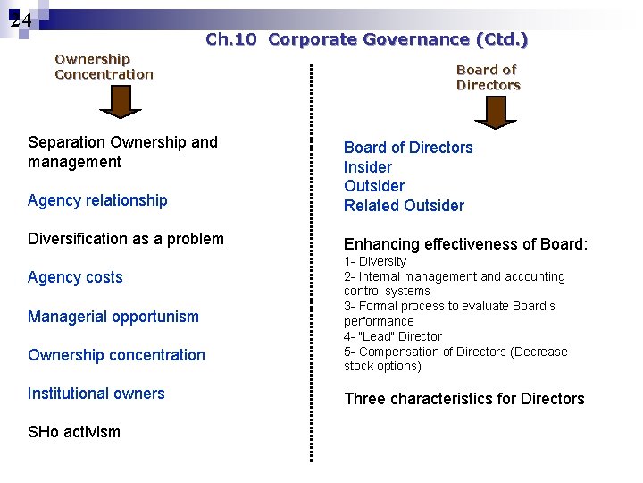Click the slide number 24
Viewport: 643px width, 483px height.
[x=21, y=20]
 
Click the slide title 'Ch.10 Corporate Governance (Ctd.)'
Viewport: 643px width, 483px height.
[x=366, y=39]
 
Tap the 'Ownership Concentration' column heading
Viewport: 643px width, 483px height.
[x=104, y=67]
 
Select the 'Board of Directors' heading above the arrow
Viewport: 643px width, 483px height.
[x=488, y=77]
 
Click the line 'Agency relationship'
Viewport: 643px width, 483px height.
[x=97, y=200]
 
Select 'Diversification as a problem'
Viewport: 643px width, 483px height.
[x=126, y=239]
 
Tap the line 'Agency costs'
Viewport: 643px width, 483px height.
[x=75, y=277]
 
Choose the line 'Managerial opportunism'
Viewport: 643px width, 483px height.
[x=113, y=317]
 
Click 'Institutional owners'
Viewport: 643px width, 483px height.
[x=96, y=394]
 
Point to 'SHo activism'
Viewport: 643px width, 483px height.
[x=74, y=432]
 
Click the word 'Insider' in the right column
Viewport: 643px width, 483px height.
[x=368, y=167]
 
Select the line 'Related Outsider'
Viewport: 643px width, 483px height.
[x=404, y=206]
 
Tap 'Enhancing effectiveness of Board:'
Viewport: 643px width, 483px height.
[x=466, y=244]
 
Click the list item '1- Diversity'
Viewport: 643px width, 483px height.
[x=375, y=261]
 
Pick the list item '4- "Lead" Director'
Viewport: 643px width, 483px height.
[x=393, y=336]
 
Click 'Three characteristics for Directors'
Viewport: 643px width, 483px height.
[x=464, y=399]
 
